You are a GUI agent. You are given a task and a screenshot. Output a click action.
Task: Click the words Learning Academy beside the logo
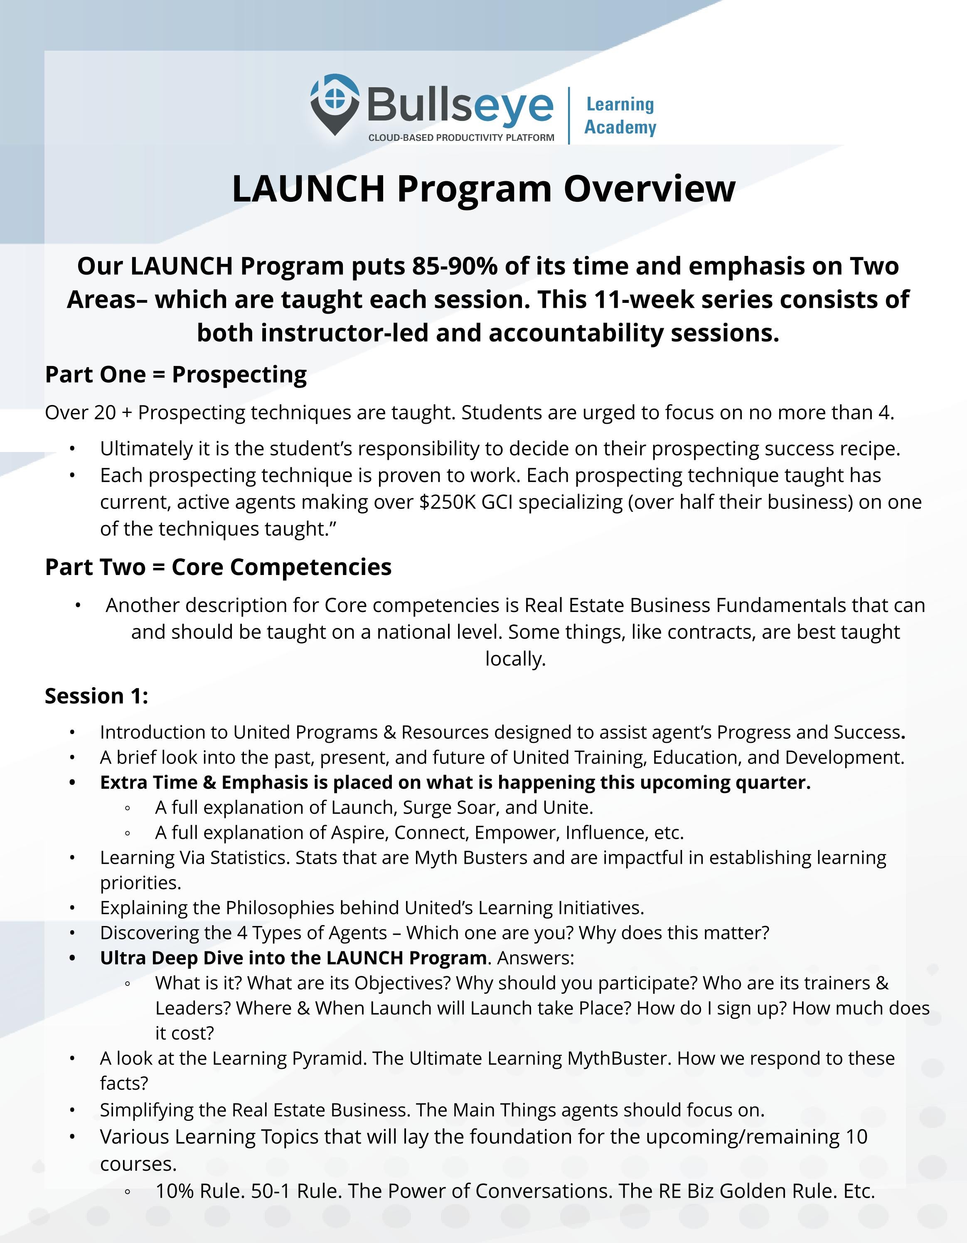pyautogui.click(x=620, y=115)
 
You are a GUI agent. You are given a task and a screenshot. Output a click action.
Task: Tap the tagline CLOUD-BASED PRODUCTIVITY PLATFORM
pyautogui.click(x=461, y=138)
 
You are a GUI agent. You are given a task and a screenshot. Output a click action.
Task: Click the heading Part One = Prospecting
pyautogui.click(x=176, y=374)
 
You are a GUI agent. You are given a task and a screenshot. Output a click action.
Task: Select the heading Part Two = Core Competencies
pyautogui.click(x=218, y=567)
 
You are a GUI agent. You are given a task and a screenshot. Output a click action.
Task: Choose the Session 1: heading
pyautogui.click(x=96, y=696)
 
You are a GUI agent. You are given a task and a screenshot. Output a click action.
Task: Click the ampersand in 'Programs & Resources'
pyautogui.click(x=389, y=732)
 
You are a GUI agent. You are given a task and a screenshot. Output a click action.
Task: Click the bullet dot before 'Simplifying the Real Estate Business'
pyautogui.click(x=72, y=1110)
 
